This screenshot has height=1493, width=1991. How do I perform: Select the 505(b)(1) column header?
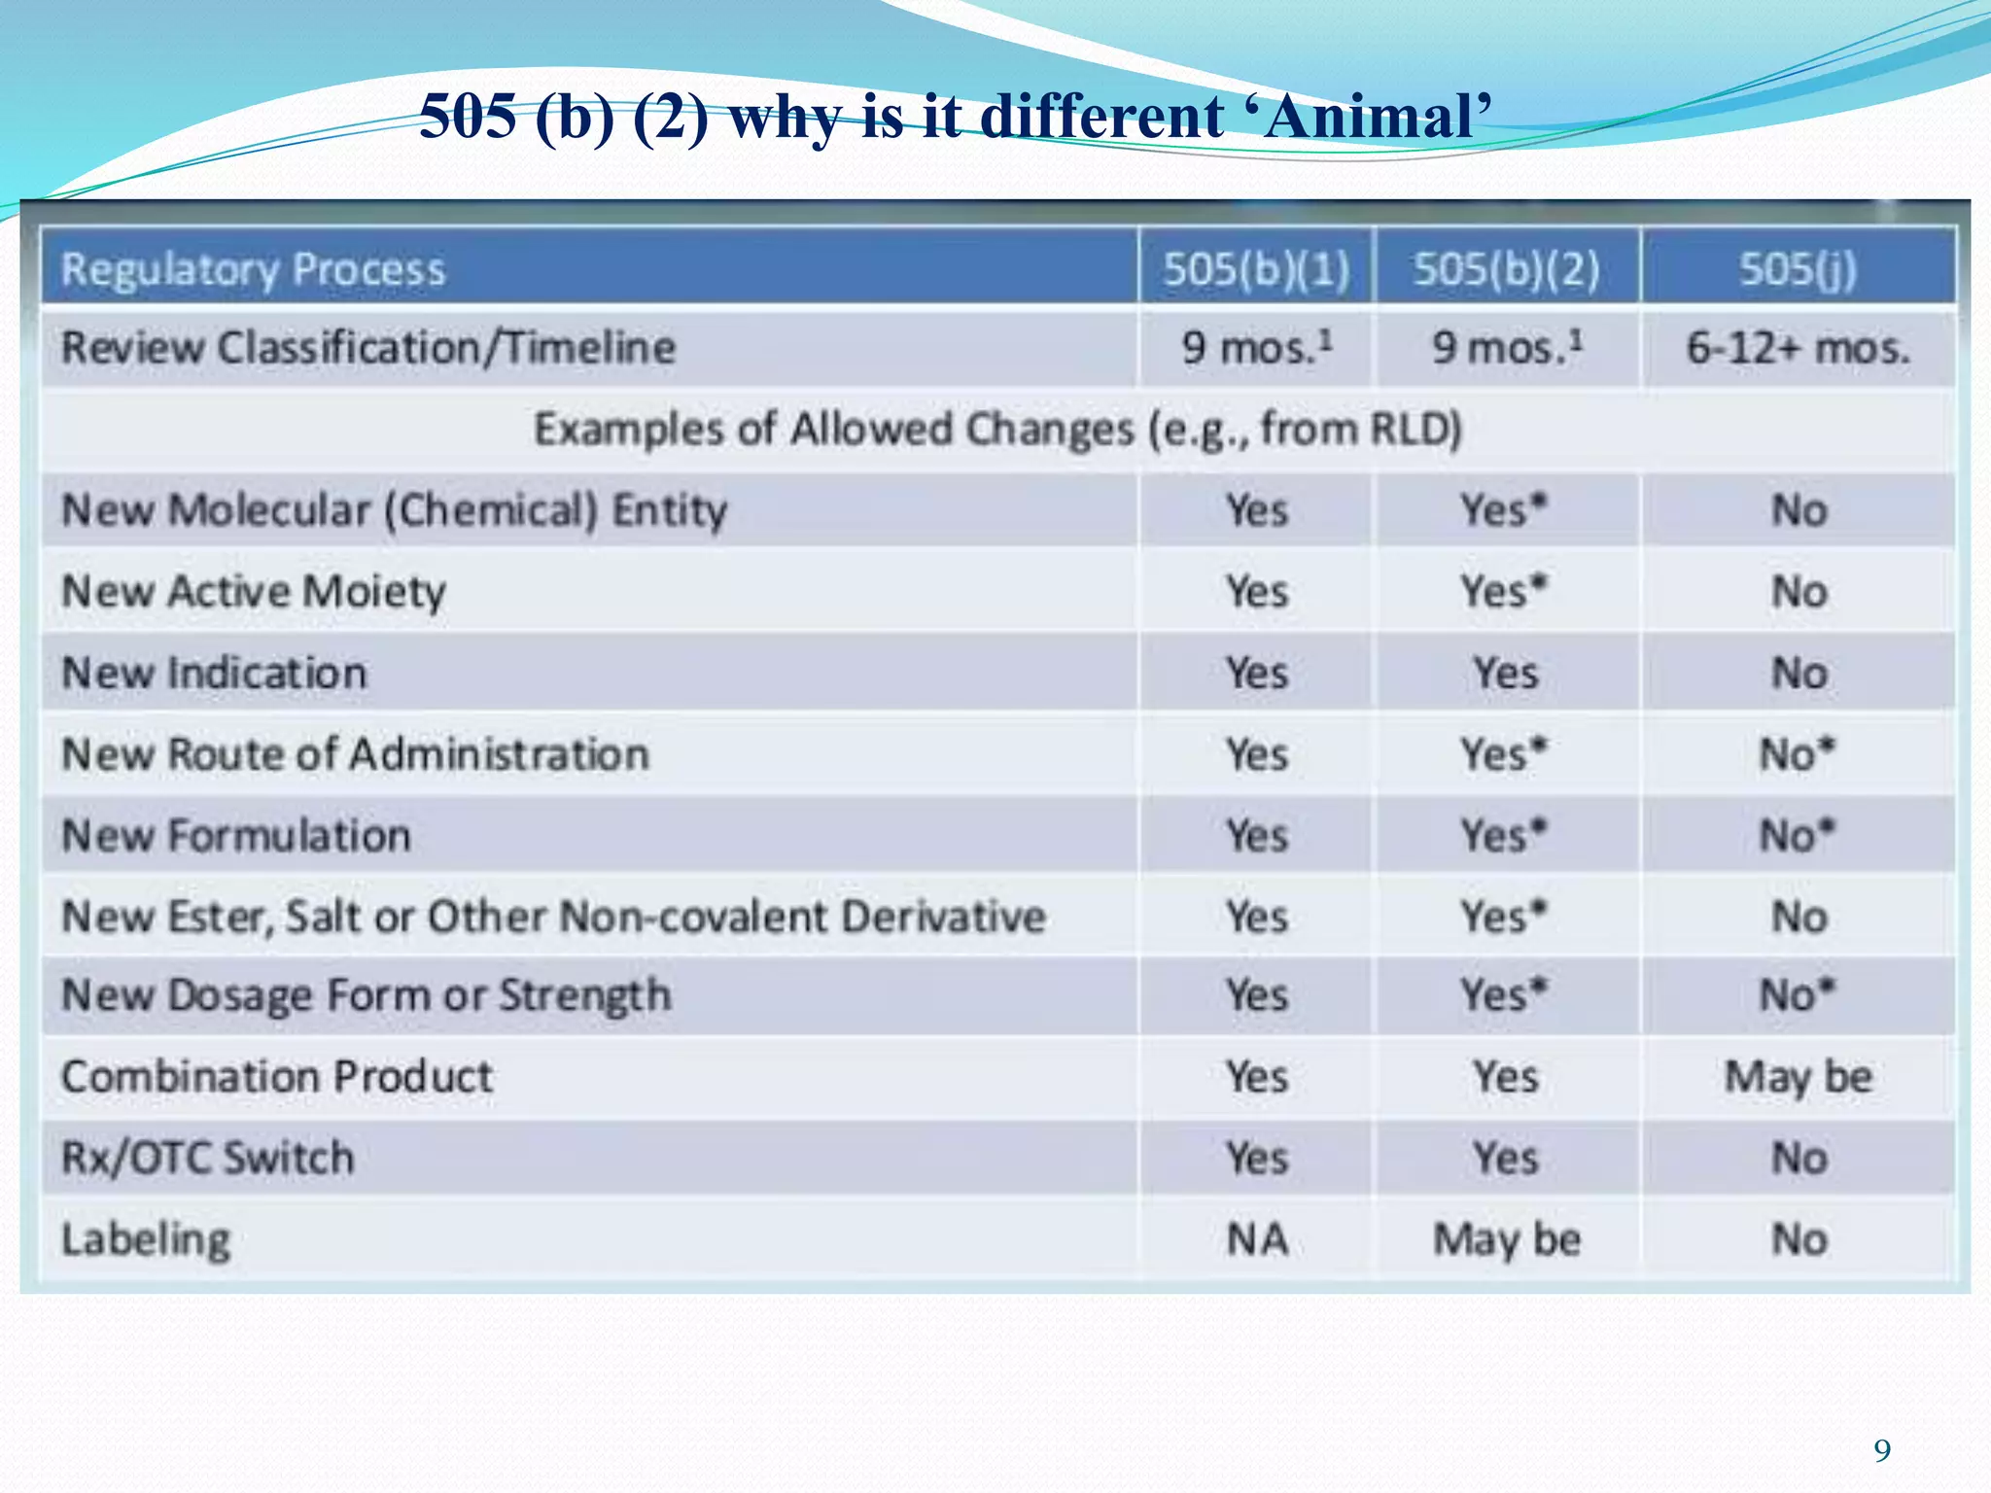(x=1256, y=269)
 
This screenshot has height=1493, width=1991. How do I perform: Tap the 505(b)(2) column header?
(x=1506, y=269)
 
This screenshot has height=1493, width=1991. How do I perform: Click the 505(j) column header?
(x=1798, y=269)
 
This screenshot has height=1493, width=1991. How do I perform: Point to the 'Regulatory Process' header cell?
(x=254, y=269)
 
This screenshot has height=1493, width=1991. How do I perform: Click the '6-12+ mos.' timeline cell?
(x=1798, y=348)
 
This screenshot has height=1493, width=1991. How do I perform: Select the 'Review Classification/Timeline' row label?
(x=368, y=348)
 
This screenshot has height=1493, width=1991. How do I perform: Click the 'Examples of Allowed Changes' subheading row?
(x=997, y=429)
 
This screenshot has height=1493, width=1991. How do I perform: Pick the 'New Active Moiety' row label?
(x=254, y=591)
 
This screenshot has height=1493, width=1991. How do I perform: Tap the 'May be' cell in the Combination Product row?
(x=1798, y=1077)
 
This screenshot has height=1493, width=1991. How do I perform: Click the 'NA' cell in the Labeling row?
(x=1257, y=1239)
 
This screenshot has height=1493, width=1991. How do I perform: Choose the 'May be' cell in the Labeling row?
(x=1507, y=1239)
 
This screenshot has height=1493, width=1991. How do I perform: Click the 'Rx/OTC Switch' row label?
(x=208, y=1158)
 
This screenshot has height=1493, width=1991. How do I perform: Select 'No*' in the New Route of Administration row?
(x=1798, y=754)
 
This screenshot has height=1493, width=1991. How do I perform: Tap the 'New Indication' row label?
(x=215, y=673)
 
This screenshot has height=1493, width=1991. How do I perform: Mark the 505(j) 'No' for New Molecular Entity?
(x=1799, y=510)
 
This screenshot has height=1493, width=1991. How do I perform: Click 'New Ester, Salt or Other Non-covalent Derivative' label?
(x=553, y=917)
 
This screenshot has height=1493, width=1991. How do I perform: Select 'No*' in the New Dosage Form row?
(x=1798, y=995)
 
